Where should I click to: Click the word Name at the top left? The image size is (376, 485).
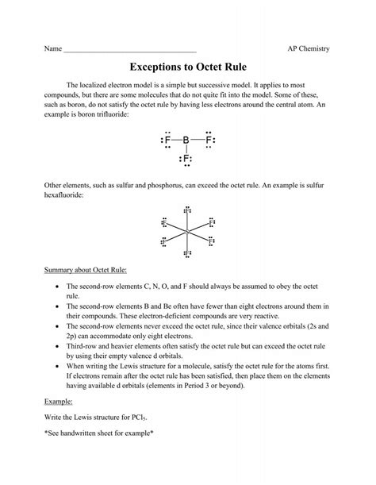53,49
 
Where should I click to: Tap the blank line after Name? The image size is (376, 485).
129,51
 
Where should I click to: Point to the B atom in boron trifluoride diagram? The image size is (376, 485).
186,140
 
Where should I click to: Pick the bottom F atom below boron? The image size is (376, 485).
186,160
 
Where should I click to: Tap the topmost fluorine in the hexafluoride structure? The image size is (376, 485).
186,211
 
